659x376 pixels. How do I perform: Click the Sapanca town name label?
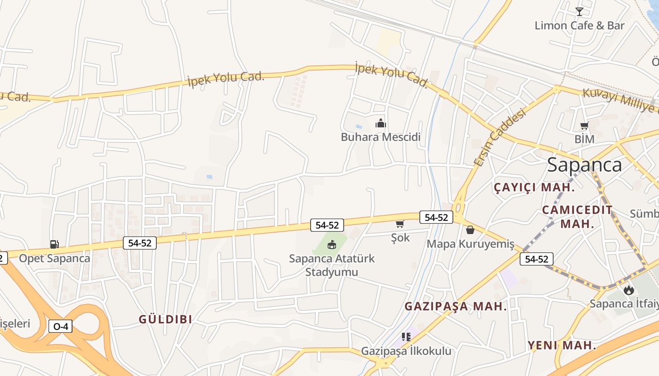pos(584,164)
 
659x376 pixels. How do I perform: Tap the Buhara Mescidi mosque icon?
pos(380,124)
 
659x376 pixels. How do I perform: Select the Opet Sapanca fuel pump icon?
pos(54,244)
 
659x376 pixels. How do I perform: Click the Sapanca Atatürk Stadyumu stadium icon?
pos(332,244)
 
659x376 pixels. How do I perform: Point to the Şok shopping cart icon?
pos(400,224)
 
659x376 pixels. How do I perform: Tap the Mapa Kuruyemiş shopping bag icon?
pos(470,230)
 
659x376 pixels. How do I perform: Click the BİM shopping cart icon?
pos(584,126)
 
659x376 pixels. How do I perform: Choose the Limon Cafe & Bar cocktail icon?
pos(579,12)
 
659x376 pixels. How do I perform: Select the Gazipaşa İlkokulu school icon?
pos(406,337)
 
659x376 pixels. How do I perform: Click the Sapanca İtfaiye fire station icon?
pos(628,290)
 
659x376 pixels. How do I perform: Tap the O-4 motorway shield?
pos(61,326)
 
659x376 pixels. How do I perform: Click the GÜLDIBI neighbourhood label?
pos(165,319)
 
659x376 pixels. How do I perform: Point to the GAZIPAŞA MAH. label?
pos(456,306)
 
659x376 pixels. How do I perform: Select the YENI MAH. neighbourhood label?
pos(562,345)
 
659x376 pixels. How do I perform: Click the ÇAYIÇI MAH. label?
pos(534,188)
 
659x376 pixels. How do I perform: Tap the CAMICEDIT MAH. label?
pos(577,216)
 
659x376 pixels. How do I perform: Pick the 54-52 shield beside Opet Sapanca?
pos(139,243)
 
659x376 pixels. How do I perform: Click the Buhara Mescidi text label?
pos(380,137)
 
